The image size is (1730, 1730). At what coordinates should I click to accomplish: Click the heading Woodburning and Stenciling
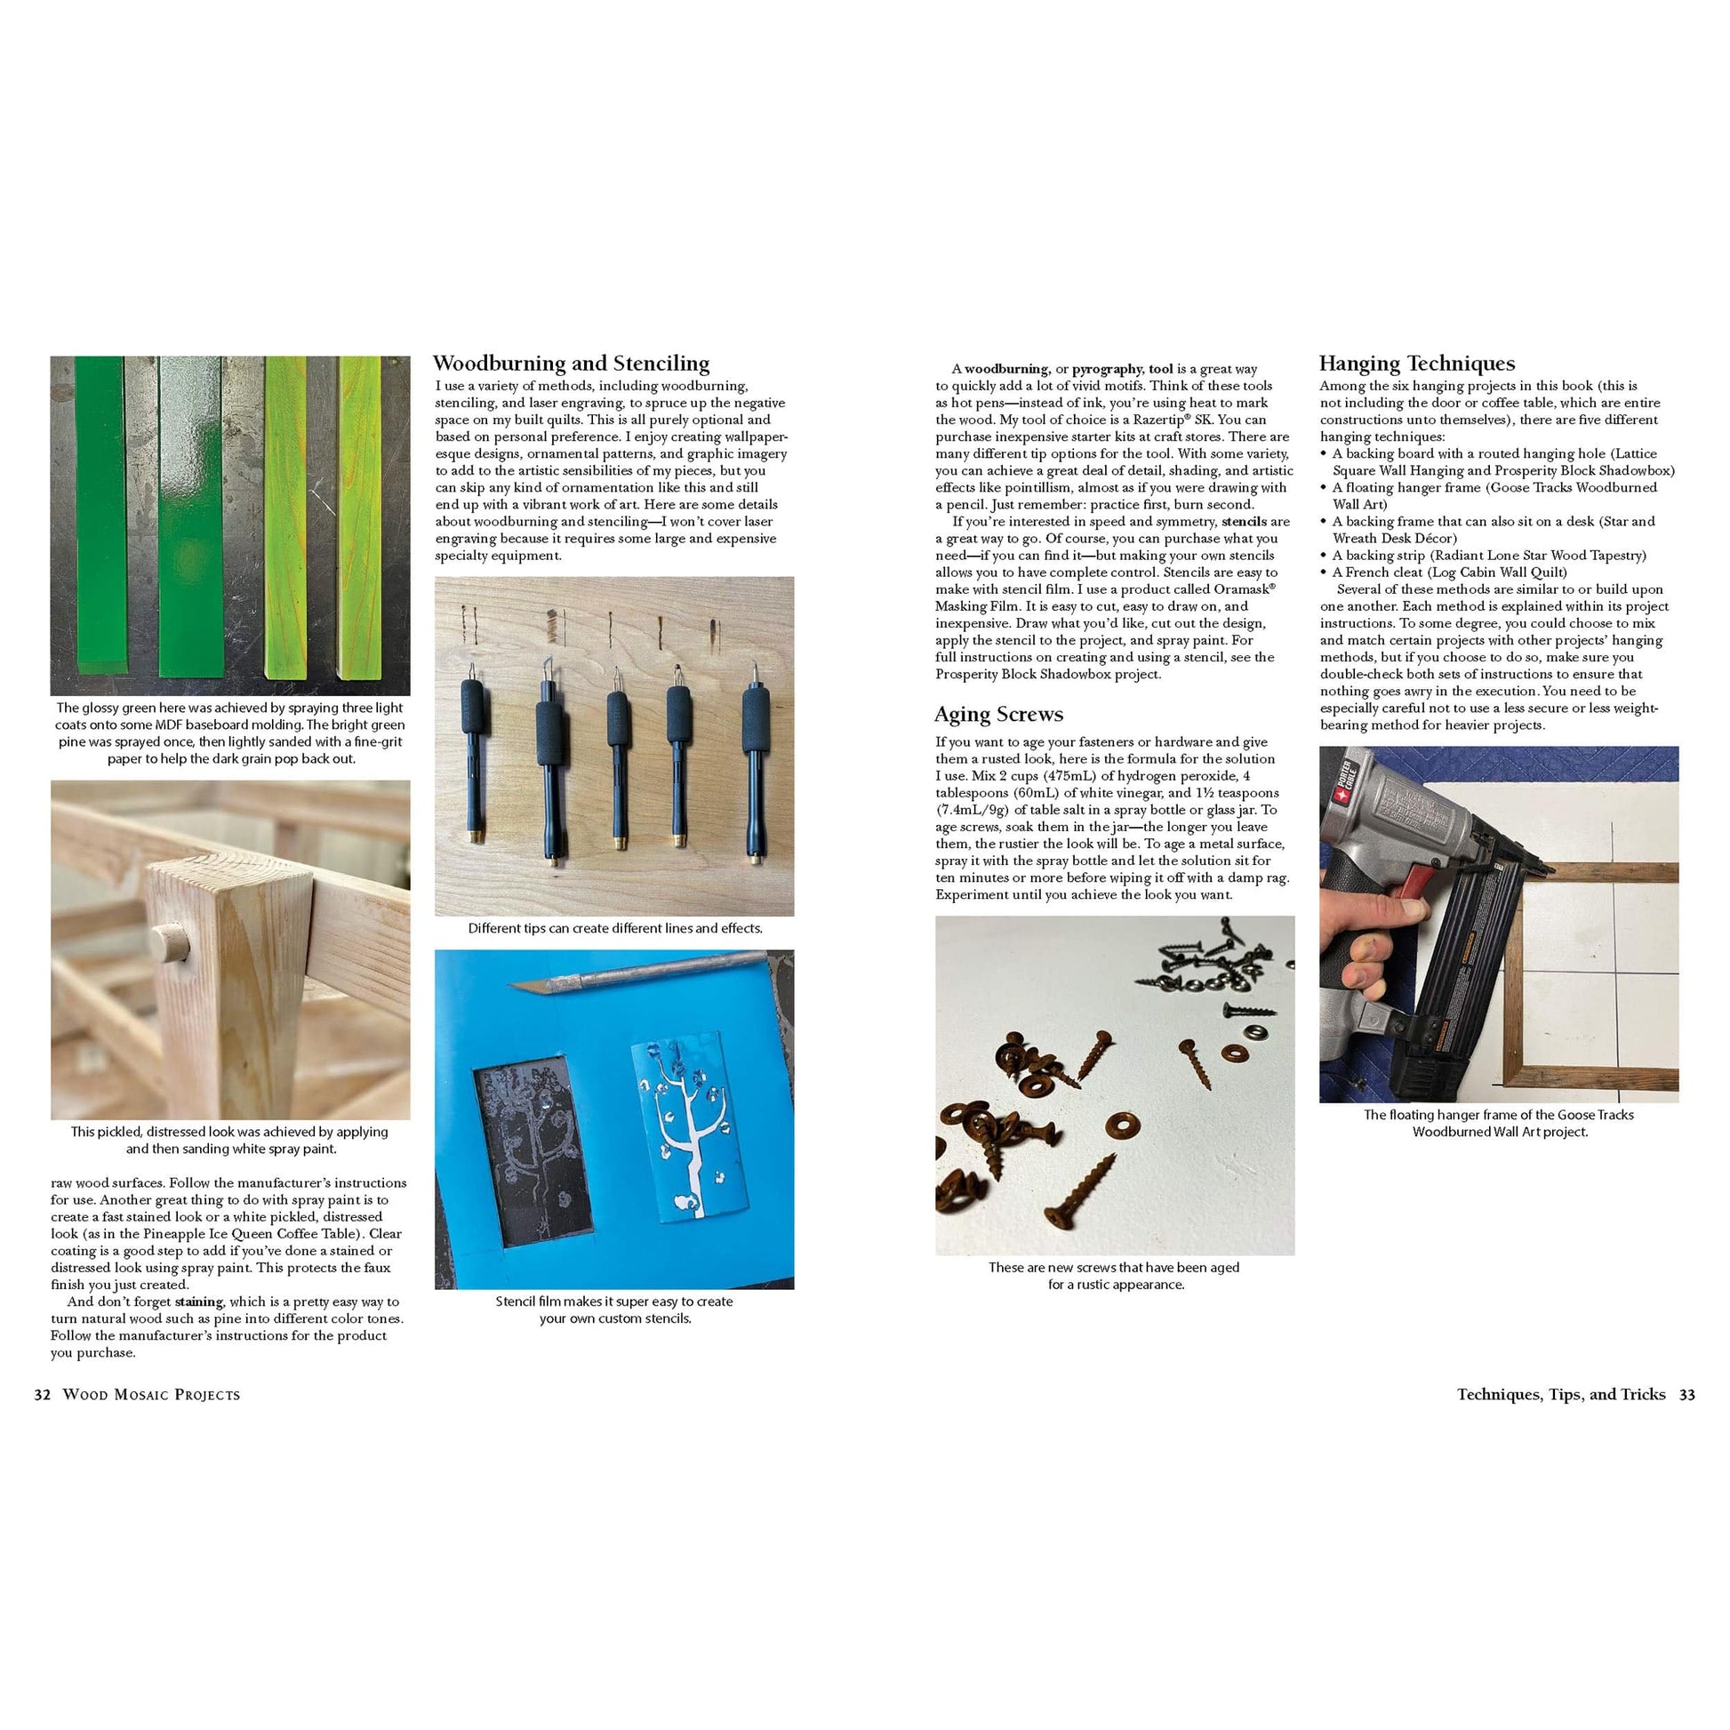[x=571, y=364]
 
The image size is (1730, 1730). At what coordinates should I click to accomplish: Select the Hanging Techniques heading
[x=1416, y=364]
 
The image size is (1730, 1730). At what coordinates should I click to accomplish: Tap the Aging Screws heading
[x=998, y=715]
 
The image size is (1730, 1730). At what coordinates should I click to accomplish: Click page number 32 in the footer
[x=42, y=1394]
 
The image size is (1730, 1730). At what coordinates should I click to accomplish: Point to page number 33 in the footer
[x=1686, y=1394]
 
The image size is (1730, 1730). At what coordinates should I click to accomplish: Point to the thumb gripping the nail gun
[x=1383, y=913]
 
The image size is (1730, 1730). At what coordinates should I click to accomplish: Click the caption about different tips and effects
[x=614, y=929]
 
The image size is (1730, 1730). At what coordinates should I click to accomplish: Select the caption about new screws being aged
[x=1115, y=1276]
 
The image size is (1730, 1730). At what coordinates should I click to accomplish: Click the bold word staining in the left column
[x=199, y=1302]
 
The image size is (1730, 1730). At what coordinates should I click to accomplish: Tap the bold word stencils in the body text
[x=1243, y=522]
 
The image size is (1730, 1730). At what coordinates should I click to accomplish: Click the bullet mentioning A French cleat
[x=1449, y=573]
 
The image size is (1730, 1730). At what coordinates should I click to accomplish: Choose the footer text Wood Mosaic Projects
[x=150, y=1395]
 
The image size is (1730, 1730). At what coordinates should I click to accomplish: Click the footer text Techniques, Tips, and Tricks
[x=1561, y=1394]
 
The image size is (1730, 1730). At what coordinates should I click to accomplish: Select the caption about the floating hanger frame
[x=1499, y=1123]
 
